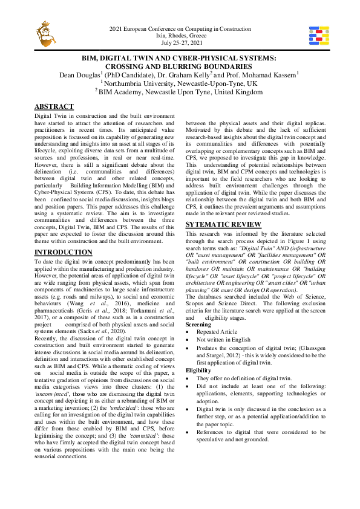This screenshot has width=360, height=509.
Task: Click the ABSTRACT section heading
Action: tap(54, 106)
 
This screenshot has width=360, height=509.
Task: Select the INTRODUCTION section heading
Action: tap(64, 251)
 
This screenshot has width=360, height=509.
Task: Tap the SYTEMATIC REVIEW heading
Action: tap(223, 224)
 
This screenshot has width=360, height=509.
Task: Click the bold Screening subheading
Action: tap(198, 325)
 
